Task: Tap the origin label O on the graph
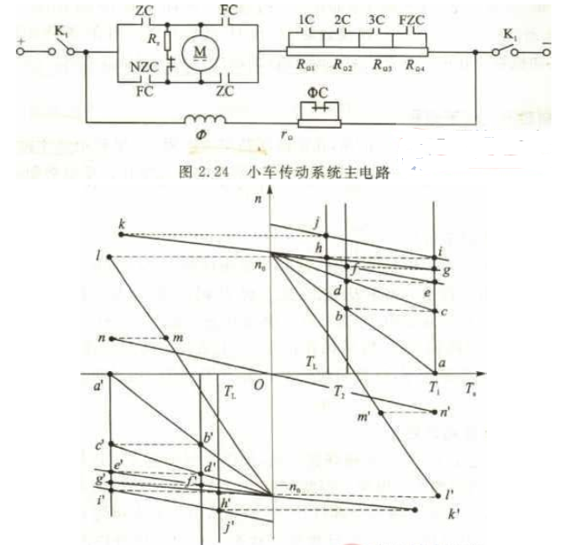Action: (x=258, y=386)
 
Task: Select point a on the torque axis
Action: (x=435, y=372)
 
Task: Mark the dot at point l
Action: (x=109, y=257)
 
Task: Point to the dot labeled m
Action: (x=168, y=338)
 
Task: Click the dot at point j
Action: (x=326, y=235)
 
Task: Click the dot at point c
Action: (x=435, y=310)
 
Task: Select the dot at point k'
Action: (x=415, y=511)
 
